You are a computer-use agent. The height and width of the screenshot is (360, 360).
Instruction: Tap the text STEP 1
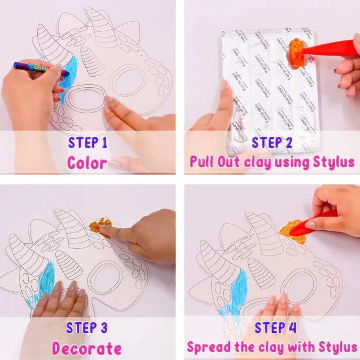click(88, 142)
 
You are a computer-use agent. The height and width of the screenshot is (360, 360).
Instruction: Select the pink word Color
click(87, 163)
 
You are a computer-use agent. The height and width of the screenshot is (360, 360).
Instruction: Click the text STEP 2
click(272, 142)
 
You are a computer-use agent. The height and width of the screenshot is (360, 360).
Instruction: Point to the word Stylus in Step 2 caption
click(334, 162)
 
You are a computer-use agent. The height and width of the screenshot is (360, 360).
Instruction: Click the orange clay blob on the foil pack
click(296, 53)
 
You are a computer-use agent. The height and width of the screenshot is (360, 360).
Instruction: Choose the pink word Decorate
click(87, 348)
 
